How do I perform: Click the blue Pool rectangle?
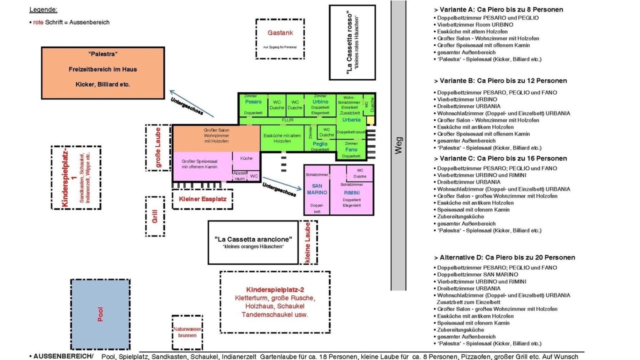pos(100,314)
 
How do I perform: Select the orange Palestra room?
pos(102,72)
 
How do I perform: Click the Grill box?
pos(155,216)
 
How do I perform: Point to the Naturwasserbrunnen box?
pos(187,332)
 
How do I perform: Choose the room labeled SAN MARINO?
pos(316,190)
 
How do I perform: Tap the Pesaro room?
pos(253,105)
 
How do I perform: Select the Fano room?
pos(351,149)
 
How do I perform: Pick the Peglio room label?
pos(320,144)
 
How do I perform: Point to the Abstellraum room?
pos(239,176)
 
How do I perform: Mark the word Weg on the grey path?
pos(398,145)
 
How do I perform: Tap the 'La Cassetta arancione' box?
pos(253,242)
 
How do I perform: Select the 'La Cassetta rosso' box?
pos(352,42)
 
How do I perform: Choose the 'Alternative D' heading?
pos(504,257)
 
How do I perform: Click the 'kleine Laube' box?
pos(308,242)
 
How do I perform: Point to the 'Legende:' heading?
pos(43,10)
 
